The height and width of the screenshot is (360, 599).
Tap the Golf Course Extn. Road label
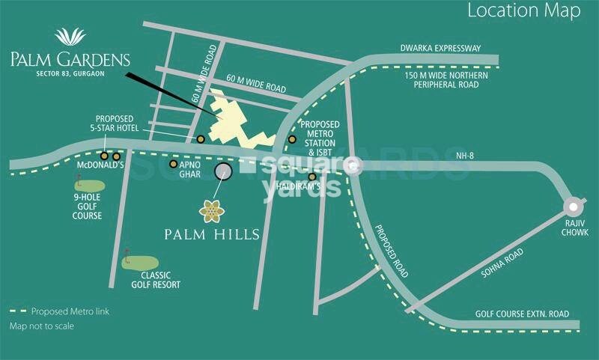(522, 313)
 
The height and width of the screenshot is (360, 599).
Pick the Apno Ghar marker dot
(174, 164)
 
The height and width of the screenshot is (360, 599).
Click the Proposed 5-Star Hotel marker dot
(201, 138)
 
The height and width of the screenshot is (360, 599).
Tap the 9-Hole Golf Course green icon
(91, 184)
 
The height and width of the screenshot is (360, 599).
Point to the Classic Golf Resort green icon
(140, 263)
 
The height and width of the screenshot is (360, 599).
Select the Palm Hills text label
(212, 235)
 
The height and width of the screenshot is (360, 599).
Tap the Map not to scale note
(42, 326)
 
